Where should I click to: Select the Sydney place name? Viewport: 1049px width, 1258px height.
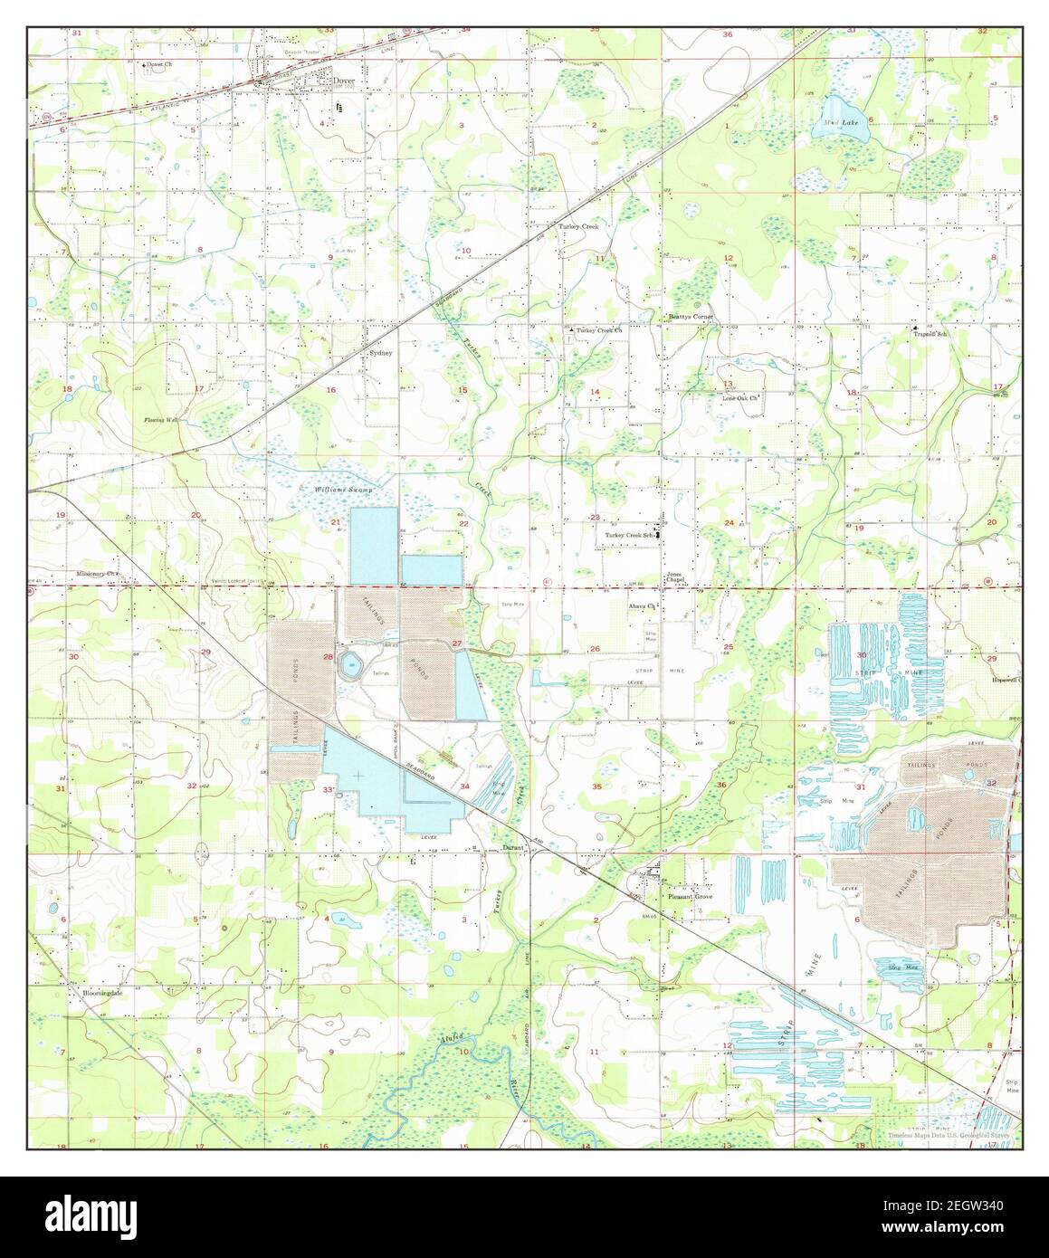[x=380, y=353]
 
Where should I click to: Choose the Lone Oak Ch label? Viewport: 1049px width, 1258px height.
[x=738, y=397]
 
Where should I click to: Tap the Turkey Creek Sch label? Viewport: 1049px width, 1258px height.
[x=630, y=535]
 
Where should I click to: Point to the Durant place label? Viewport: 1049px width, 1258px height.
[x=514, y=848]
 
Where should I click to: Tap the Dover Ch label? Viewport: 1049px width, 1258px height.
[x=161, y=65]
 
